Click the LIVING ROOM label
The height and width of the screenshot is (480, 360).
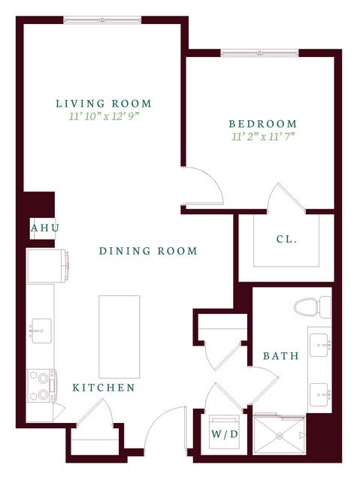tap(104, 104)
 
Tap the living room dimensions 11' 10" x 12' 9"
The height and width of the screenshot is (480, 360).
tap(104, 116)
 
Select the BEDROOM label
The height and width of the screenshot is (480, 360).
tap(263, 124)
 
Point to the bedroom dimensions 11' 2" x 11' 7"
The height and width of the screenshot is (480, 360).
tap(263, 136)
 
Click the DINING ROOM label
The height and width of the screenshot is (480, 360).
tap(148, 251)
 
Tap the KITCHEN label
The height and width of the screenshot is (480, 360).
tap(104, 388)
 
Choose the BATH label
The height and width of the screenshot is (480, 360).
tap(281, 356)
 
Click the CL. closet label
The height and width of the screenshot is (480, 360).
tap(287, 239)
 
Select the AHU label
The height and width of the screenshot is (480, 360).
tap(45, 228)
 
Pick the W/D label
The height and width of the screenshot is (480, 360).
tap(225, 434)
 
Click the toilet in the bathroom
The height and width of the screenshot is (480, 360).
tap(313, 306)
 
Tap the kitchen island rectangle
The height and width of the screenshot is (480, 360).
tap(119, 337)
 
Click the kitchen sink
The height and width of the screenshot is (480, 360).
tap(41, 331)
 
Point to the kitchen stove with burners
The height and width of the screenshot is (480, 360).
tap(41, 385)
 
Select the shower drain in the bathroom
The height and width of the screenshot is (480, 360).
tap(279, 436)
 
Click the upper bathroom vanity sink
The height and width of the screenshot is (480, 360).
tap(320, 345)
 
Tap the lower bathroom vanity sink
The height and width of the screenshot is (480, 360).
tap(320, 394)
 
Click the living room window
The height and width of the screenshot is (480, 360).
tap(102, 20)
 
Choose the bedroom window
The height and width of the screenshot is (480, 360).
tap(259, 53)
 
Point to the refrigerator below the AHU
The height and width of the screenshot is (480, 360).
tap(47, 266)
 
